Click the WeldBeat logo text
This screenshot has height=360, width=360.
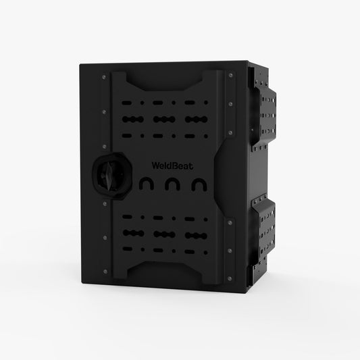point(172,165)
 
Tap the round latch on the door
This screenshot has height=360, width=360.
point(112,176)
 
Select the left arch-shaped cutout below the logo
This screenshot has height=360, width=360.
point(147,184)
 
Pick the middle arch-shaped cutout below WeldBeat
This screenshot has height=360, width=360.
point(172,184)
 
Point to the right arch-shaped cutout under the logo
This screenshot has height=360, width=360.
point(199,184)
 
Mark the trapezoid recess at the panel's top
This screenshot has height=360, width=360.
point(164,81)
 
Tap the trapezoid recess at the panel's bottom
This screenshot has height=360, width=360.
point(164,272)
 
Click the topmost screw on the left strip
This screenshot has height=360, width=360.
point(104,77)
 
